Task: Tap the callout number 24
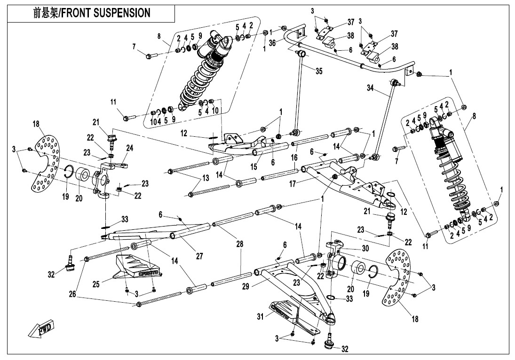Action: (x=129, y=148)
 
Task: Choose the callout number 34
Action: (x=370, y=88)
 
